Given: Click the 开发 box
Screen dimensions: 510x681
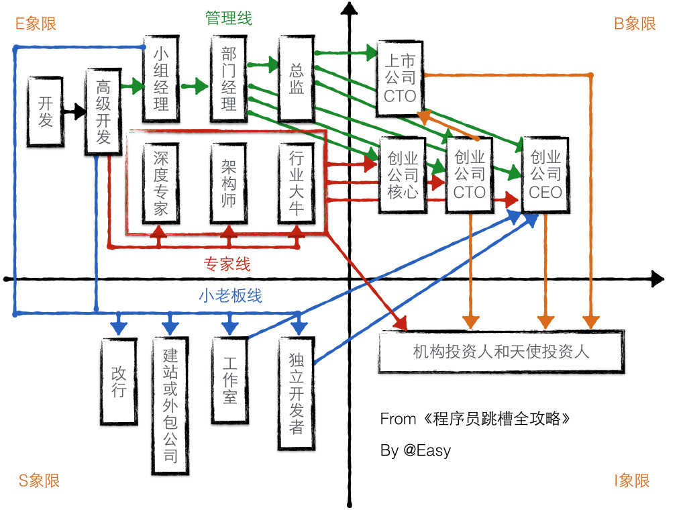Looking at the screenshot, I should (46, 111).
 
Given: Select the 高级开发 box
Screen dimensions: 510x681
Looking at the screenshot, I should (103, 111).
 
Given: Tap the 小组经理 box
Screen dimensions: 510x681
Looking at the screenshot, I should (161, 78).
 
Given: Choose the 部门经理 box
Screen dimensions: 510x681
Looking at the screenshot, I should (229, 78).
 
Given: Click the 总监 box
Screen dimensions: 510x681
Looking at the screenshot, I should (297, 78).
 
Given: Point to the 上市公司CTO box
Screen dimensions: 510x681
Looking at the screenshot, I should (401, 78).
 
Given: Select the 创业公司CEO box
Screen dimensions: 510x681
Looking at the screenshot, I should (545, 174).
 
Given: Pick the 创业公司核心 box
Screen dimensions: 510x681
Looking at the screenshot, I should (403, 174).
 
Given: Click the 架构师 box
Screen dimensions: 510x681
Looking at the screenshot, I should (229, 183).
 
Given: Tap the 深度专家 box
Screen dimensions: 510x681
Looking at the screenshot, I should (161, 183).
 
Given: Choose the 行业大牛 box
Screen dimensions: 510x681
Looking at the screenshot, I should (297, 183).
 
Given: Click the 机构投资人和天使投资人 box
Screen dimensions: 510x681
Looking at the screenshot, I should (501, 351).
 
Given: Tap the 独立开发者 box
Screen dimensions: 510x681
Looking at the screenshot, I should (297, 393).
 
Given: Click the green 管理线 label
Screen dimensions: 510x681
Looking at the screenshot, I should (229, 18).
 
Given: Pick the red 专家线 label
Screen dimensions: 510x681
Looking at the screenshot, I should (227, 264).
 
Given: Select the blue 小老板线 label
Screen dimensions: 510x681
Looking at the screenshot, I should (230, 295).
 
